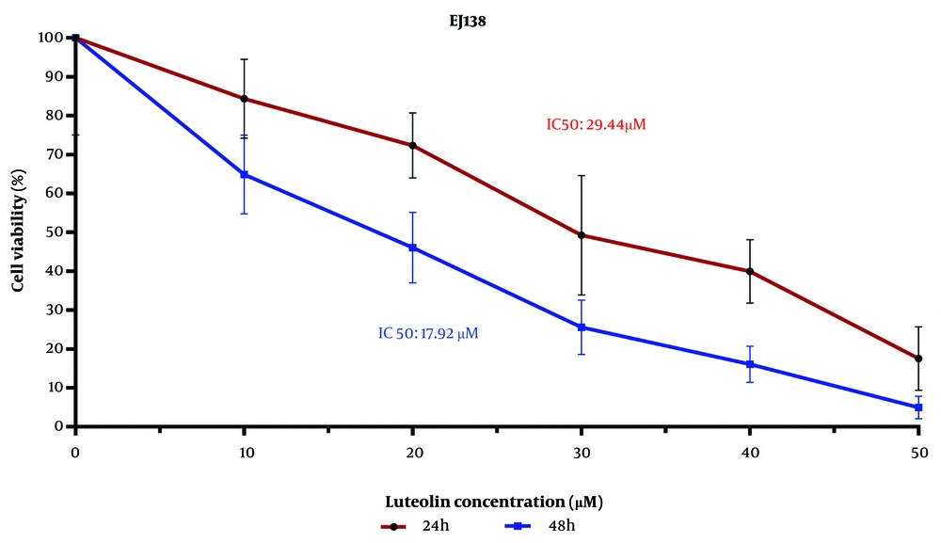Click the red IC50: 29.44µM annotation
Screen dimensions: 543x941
point(597,124)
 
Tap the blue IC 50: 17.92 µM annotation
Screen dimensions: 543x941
point(428,332)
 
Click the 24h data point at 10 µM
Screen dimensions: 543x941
point(245,99)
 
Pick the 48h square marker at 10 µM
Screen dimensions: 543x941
point(245,174)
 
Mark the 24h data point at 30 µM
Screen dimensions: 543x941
point(582,235)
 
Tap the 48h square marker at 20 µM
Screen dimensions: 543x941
point(413,248)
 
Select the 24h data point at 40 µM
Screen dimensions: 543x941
point(750,271)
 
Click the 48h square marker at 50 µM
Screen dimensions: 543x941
point(918,407)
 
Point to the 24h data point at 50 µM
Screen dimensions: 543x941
point(918,359)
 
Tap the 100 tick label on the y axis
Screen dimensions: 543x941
point(50,38)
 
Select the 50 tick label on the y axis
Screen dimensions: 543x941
point(55,232)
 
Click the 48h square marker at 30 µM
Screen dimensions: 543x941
point(582,327)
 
